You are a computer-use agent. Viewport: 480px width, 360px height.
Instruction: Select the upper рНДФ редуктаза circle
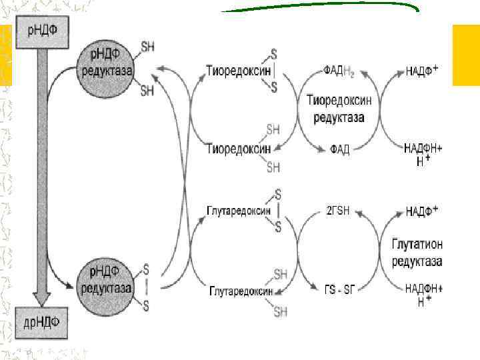[x=107, y=65]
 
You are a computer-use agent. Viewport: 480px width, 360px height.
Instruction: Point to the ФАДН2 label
[x=343, y=70]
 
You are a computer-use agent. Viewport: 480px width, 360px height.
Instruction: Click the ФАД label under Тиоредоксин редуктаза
[x=339, y=148]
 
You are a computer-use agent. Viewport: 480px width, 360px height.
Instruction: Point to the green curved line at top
[x=320, y=8]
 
